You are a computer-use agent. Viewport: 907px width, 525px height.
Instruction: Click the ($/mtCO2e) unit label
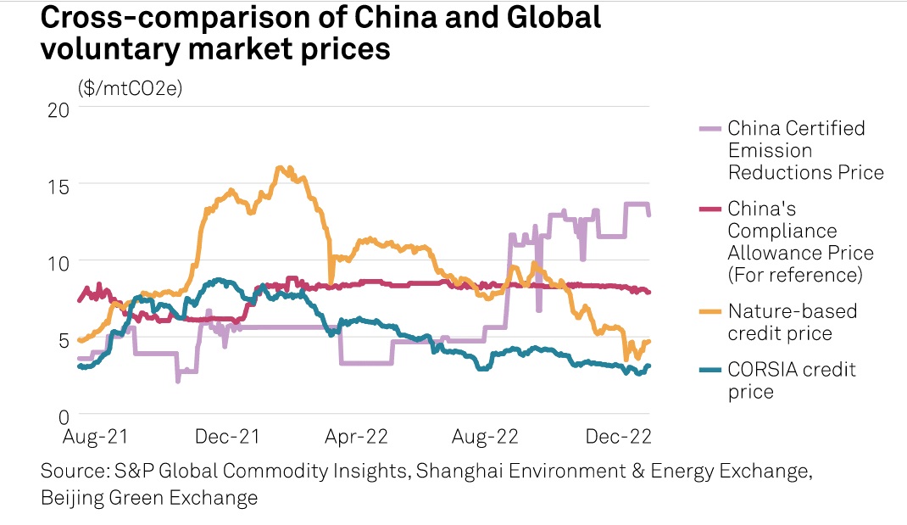click(130, 88)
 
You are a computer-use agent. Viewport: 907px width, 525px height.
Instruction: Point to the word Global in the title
click(540, 18)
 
